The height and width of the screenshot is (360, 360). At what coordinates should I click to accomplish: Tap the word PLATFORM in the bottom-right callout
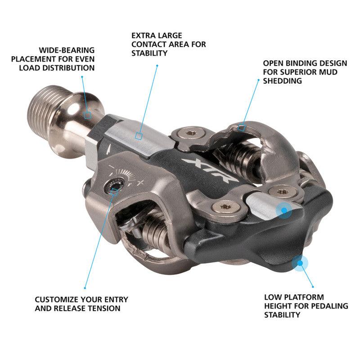(298, 297)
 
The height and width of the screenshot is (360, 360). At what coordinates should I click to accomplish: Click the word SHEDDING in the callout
(282, 81)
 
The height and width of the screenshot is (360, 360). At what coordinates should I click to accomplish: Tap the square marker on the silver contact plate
(139, 135)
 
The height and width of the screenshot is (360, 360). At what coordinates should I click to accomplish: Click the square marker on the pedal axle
(88, 115)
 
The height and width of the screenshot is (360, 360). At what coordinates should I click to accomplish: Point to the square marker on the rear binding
(242, 127)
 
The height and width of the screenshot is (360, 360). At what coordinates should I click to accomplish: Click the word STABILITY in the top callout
(150, 53)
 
